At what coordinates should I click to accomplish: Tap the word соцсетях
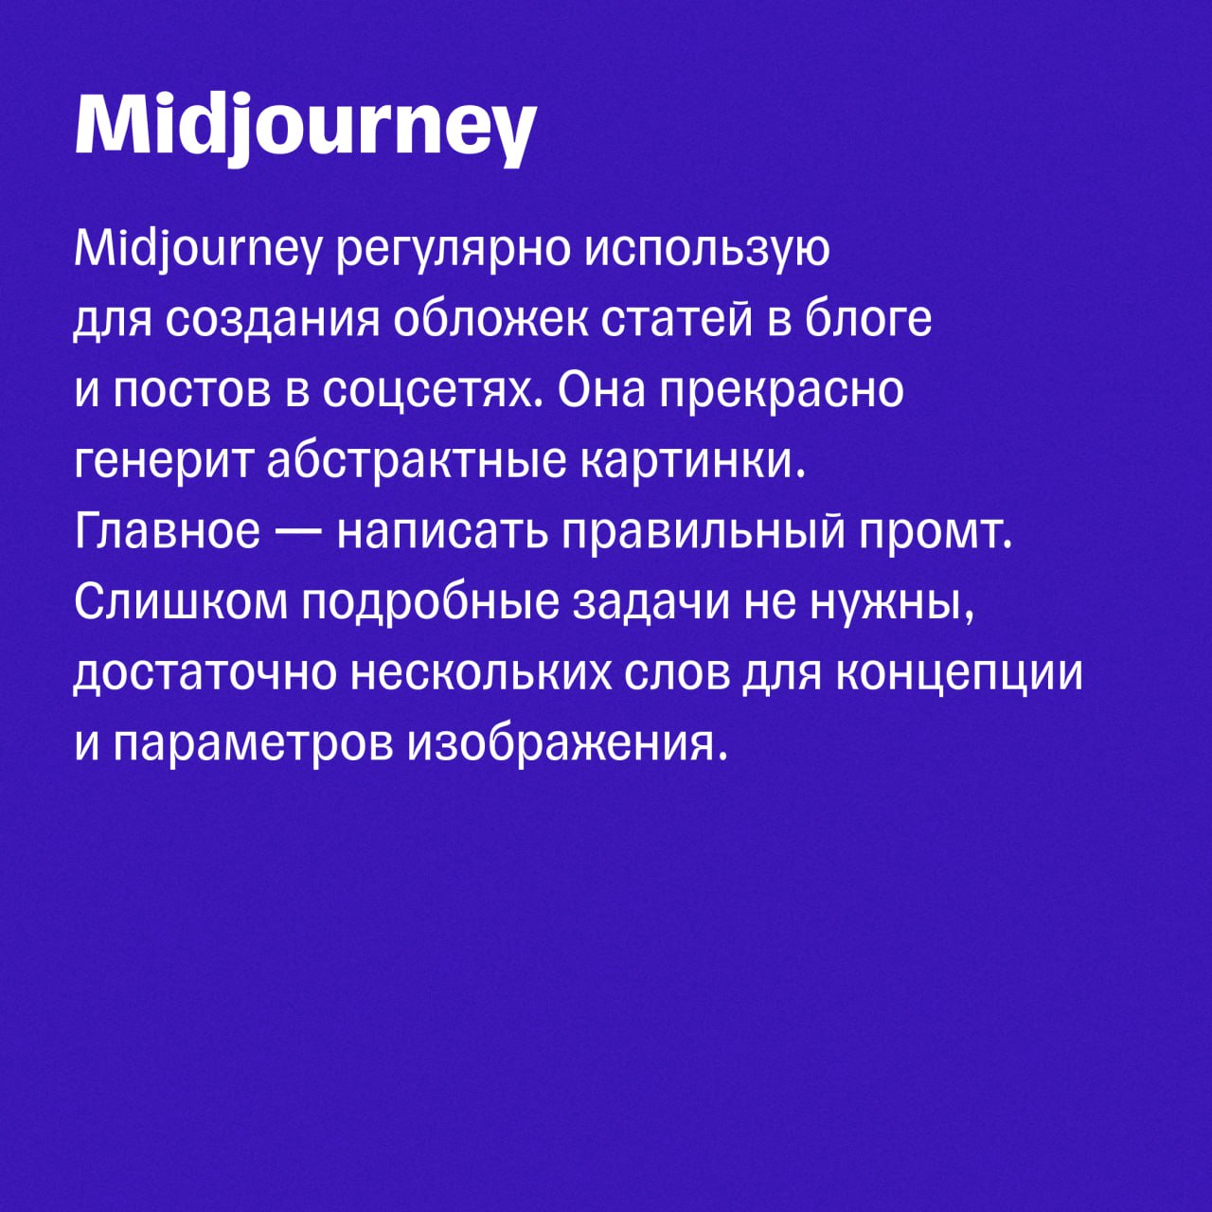pyautogui.click(x=433, y=391)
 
